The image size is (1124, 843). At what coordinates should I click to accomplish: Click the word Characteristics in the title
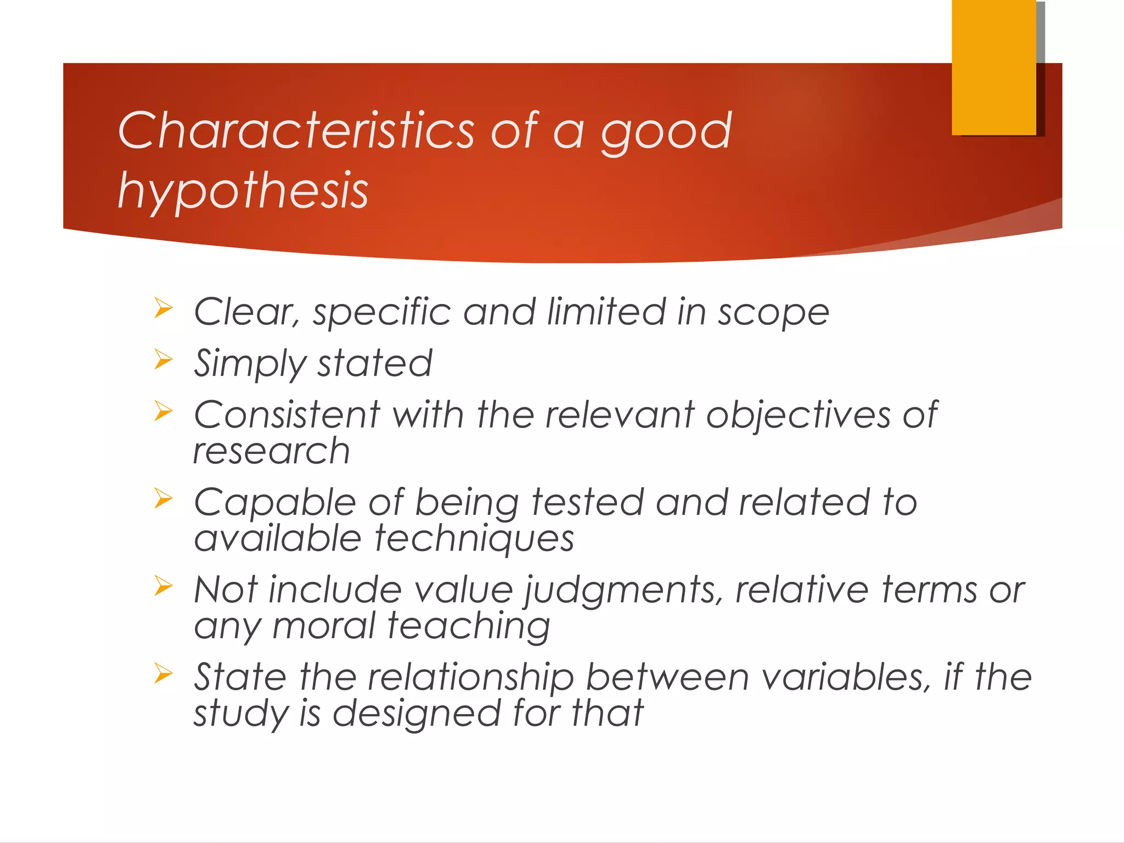296,130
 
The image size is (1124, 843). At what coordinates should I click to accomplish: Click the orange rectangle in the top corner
993,67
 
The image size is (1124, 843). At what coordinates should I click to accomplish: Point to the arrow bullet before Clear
163,308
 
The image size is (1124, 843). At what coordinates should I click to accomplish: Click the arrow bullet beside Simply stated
163,359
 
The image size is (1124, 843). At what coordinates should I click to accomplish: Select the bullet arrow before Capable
163,498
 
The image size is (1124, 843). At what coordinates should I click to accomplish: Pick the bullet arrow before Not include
163,586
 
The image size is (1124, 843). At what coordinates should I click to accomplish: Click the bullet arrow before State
163,673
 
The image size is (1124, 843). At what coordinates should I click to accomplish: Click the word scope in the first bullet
773,313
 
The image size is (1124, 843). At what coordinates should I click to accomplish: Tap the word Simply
250,364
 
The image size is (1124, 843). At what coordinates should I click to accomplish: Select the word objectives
798,415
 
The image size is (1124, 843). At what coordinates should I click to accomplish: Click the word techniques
475,539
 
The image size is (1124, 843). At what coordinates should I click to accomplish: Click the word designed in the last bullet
417,714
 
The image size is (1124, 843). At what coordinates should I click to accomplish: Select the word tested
587,503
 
